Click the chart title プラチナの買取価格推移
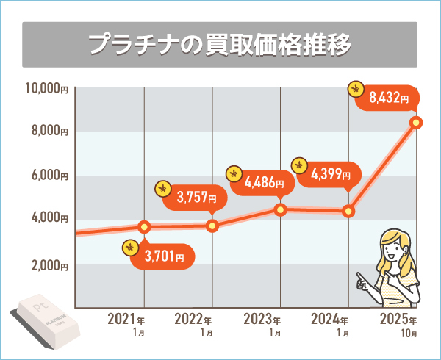(220, 43)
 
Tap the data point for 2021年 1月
(145, 226)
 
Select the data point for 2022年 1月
(212, 226)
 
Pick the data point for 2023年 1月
(280, 209)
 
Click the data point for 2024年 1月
(348, 212)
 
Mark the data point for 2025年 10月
(416, 122)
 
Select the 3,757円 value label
(196, 196)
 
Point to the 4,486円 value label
(262, 181)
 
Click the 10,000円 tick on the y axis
(46, 89)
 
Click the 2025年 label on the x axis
(398, 321)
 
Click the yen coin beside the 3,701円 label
(131, 250)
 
